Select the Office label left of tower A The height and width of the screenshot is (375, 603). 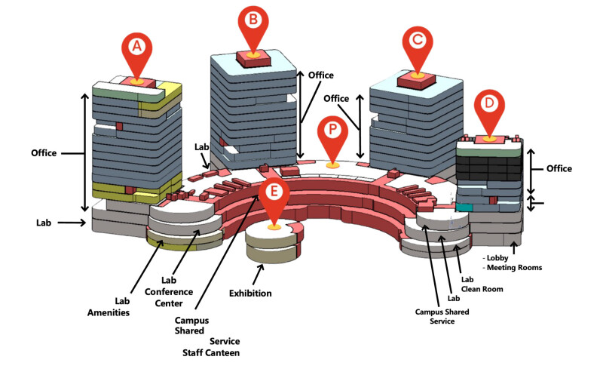tap(44, 153)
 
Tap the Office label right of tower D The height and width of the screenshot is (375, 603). tap(559, 169)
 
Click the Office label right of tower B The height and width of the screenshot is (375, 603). tap(320, 75)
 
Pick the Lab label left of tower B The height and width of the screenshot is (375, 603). tap(201, 147)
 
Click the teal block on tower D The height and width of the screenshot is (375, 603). tap(464, 207)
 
